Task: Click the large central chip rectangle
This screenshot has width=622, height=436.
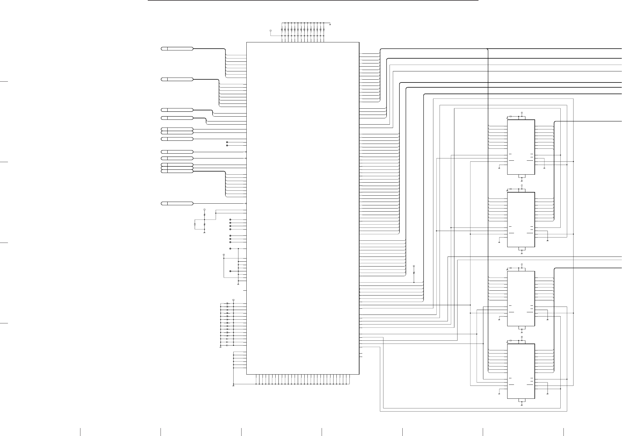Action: [x=303, y=208]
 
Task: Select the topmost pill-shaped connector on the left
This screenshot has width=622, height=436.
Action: [x=177, y=49]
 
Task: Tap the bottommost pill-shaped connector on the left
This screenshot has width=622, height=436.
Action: [x=177, y=203]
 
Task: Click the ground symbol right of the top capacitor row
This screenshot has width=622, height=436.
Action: [x=330, y=25]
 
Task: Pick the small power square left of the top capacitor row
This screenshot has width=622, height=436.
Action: [x=270, y=30]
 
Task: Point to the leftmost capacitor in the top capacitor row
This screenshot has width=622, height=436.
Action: [x=282, y=29]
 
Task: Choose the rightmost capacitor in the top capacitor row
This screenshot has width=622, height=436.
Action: [x=324, y=29]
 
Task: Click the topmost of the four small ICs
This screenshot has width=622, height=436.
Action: [x=521, y=147]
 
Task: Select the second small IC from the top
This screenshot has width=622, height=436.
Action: [x=521, y=220]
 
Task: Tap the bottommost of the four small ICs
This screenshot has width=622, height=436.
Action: [x=521, y=371]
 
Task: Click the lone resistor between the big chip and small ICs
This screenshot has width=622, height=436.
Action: [x=414, y=272]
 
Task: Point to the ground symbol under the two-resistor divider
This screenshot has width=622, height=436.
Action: [x=204, y=233]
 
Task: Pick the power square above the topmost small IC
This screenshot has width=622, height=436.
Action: [x=522, y=113]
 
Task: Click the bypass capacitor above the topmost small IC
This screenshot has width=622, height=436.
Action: [x=511, y=116]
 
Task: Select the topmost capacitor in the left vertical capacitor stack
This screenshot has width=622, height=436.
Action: [x=227, y=303]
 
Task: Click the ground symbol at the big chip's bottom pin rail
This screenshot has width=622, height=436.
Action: [x=233, y=386]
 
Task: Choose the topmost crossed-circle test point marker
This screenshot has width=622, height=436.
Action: [x=227, y=142]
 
